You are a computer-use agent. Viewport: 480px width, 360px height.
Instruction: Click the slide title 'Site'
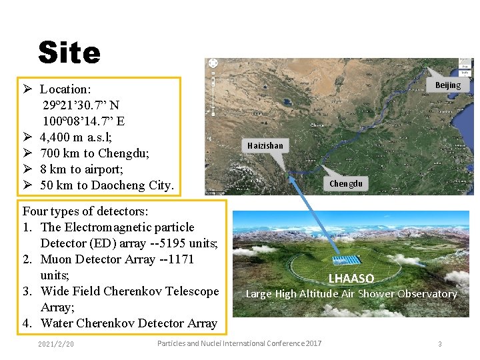pos(69,53)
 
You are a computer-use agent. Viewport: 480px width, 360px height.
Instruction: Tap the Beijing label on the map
pos(448,85)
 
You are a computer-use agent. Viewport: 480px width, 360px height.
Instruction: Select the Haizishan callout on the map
pos(265,145)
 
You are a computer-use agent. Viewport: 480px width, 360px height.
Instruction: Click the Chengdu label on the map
pos(346,184)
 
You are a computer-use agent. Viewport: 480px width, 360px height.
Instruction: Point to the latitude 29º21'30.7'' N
pos(81,105)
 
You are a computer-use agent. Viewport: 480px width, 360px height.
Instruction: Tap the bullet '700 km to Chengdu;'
pos(95,153)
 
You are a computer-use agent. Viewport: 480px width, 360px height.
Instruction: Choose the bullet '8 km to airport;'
pos(81,169)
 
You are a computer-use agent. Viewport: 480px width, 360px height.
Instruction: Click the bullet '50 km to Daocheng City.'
pos(107,185)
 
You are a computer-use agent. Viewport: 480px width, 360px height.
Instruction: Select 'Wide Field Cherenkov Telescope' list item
pos(129,291)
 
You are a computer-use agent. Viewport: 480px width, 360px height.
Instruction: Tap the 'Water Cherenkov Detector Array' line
pos(129,323)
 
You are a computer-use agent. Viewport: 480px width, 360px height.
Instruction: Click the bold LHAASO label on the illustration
pos(351,279)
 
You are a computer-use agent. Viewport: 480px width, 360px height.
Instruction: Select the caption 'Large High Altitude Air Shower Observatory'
pos(351,293)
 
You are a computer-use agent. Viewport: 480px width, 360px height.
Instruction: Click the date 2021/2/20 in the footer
pos(57,344)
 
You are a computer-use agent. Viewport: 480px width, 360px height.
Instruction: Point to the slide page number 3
pos(440,344)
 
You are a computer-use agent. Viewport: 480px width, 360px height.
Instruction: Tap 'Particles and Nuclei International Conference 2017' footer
pos(239,343)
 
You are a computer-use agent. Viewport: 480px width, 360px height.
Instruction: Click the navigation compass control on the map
pos(213,63)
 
